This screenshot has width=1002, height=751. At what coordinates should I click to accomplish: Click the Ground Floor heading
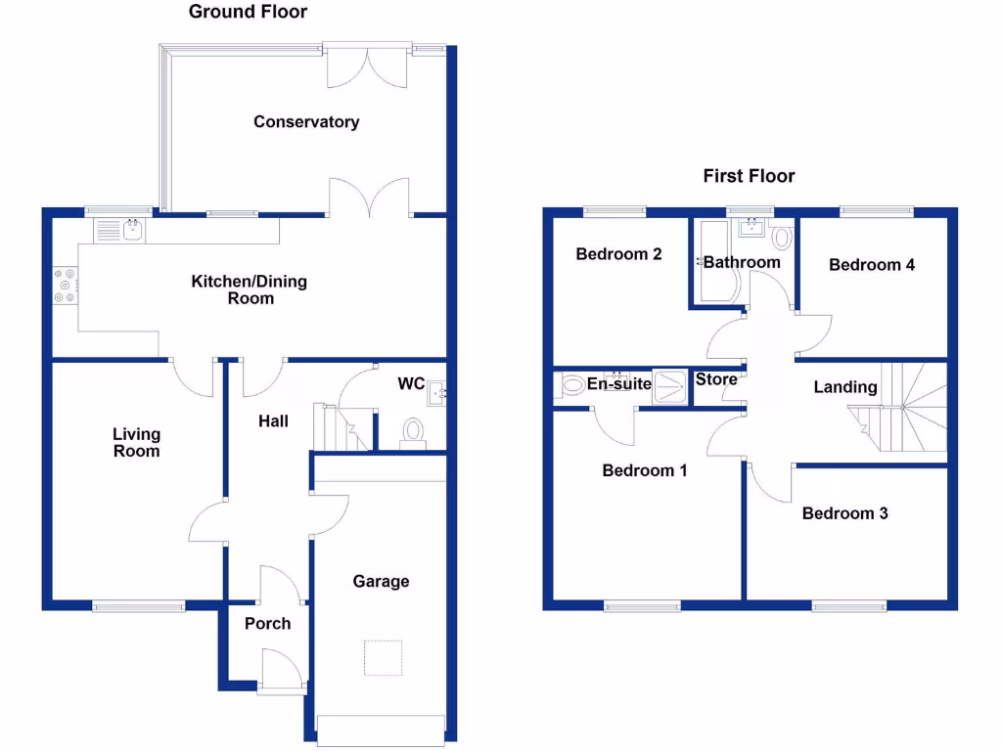coord(248,12)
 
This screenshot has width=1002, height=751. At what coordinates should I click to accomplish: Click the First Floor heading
coord(749,176)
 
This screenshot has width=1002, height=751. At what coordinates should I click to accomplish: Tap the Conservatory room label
coord(306,122)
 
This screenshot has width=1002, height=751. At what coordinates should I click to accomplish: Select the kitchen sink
coord(119,231)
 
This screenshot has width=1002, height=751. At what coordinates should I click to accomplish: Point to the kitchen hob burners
coord(67,285)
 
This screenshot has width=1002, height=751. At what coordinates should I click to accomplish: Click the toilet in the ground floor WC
coord(413,431)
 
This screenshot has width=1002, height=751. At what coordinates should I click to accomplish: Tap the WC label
coord(411,383)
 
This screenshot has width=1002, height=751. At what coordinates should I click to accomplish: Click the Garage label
coord(381,582)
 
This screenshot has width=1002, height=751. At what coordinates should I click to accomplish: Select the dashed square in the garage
coord(384,657)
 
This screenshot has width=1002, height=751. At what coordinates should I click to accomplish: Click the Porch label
coord(267,623)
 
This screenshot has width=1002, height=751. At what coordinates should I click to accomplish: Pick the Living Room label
coord(136,442)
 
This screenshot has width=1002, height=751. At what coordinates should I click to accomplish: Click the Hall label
coord(273,421)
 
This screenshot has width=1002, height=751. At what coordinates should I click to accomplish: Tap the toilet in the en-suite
coord(569,386)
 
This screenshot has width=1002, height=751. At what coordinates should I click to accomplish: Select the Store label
coord(716,379)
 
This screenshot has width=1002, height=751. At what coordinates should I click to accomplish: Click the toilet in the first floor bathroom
coord(781,237)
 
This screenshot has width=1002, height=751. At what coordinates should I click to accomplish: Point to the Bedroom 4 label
coord(871,264)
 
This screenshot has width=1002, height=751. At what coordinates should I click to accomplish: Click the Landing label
coord(845,387)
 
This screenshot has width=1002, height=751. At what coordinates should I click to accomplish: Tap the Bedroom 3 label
coord(844,513)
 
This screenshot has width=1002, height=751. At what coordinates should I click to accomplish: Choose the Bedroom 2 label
coord(618,254)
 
